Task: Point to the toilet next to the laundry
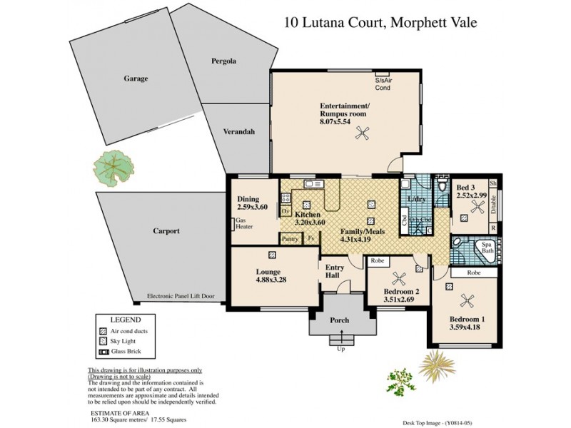point(443,188)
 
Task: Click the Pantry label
point(289,239)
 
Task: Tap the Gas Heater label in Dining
point(245,224)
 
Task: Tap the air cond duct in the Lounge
point(273,255)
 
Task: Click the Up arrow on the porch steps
point(340,348)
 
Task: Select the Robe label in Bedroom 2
point(378,262)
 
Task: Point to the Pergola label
point(223,61)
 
